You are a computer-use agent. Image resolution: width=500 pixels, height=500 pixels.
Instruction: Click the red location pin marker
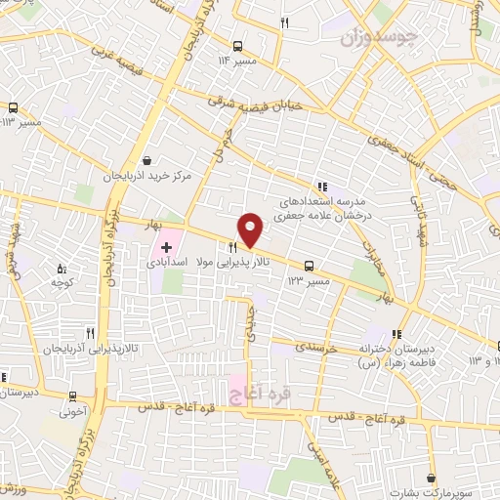[x=251, y=229]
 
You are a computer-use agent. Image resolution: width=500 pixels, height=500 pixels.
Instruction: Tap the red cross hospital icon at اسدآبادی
[x=166, y=247]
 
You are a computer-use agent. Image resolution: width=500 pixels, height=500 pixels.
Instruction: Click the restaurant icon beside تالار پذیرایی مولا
[x=232, y=247]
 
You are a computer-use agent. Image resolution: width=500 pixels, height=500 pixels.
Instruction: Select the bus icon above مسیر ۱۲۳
[x=310, y=265]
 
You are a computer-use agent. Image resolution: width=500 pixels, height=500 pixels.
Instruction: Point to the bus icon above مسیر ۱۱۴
[x=238, y=45]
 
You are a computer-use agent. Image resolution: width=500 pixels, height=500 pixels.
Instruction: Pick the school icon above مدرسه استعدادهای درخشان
[x=322, y=187]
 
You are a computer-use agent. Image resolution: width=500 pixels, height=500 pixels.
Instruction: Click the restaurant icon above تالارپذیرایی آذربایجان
[x=90, y=332]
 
